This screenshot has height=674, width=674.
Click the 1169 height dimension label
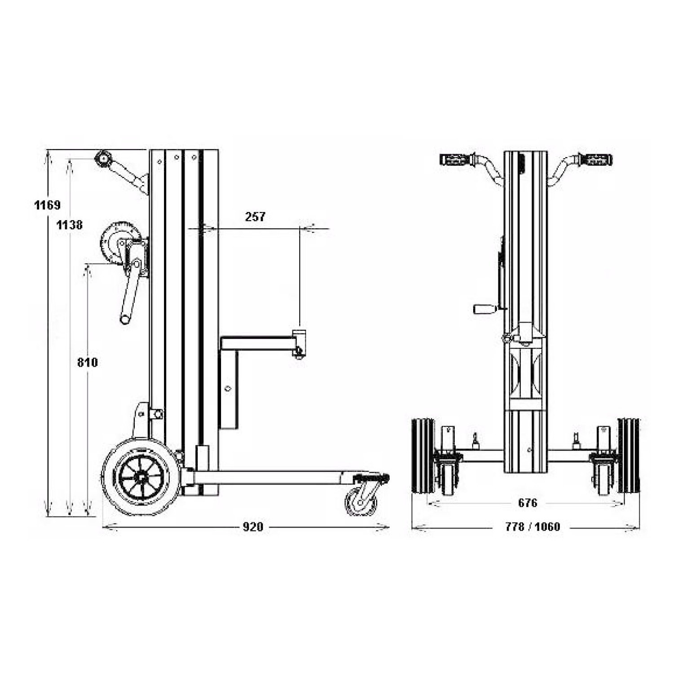tap(47, 205)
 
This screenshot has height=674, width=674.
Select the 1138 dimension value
tap(69, 225)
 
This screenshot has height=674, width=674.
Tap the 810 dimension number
tap(87, 362)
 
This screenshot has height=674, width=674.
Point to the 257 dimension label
tap(255, 217)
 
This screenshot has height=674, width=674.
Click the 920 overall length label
tap(253, 527)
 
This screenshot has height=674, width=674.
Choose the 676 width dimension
tap(528, 502)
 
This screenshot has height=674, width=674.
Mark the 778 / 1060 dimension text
tap(532, 527)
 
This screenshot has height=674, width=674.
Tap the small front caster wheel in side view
tap(361, 502)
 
